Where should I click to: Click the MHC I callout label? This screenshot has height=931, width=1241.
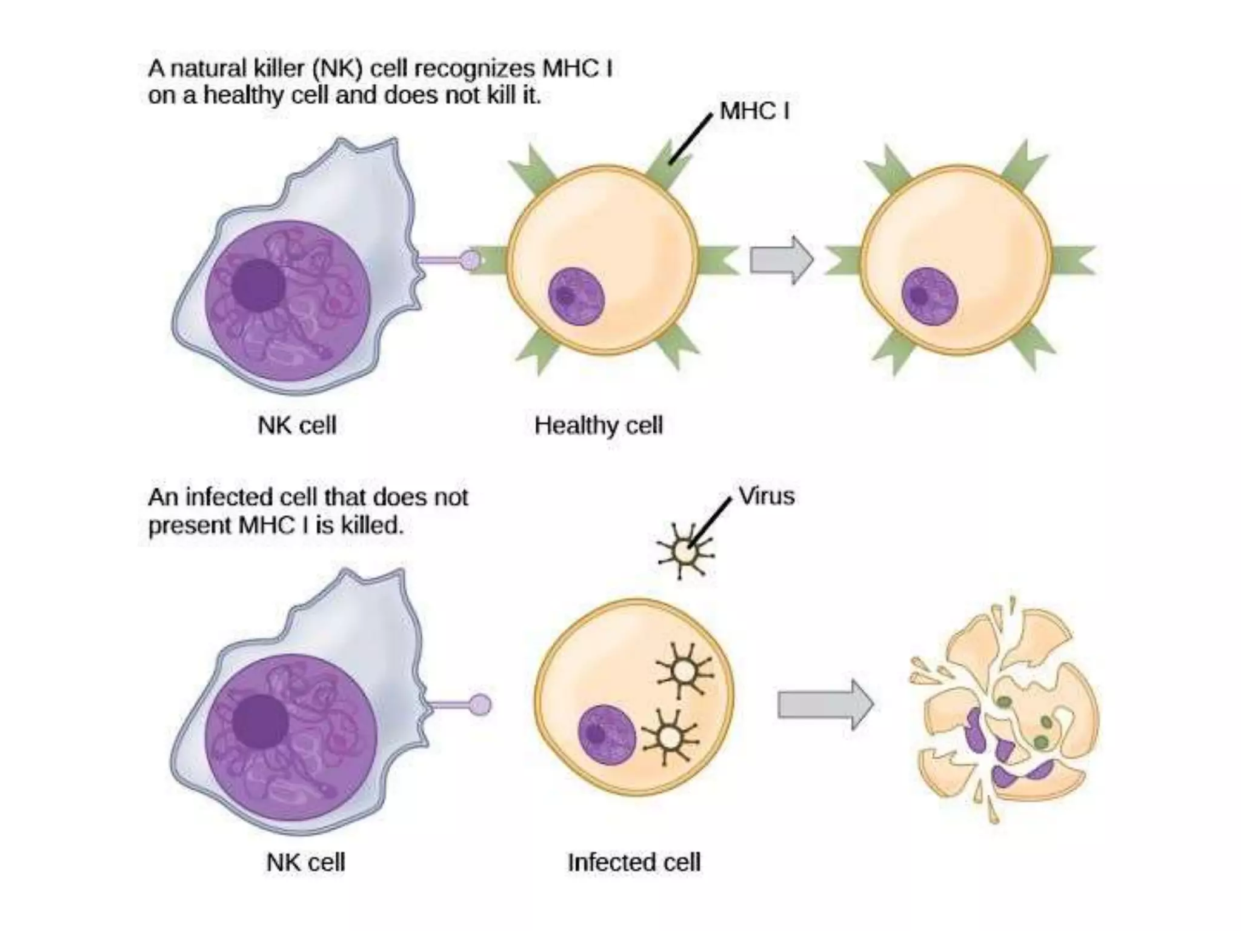click(754, 111)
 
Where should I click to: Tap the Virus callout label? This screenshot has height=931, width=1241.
click(767, 496)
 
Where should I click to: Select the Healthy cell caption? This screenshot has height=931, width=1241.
click(599, 425)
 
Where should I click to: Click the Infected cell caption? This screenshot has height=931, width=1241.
click(634, 862)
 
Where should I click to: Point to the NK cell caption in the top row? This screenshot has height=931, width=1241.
click(297, 425)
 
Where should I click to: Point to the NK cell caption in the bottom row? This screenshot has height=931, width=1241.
click(305, 862)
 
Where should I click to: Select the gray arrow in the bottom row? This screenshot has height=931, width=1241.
click(825, 704)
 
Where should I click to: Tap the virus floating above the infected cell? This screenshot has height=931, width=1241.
click(685, 552)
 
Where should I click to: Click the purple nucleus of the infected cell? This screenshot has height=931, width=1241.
click(607, 734)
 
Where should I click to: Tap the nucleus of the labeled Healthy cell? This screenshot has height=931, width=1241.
click(576, 296)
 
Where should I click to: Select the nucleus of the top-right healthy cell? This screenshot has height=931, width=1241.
click(930, 296)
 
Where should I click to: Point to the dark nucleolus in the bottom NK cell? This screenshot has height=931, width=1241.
click(260, 722)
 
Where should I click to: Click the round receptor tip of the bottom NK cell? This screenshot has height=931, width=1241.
click(481, 705)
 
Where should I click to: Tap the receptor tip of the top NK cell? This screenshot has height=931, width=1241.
click(471, 261)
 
